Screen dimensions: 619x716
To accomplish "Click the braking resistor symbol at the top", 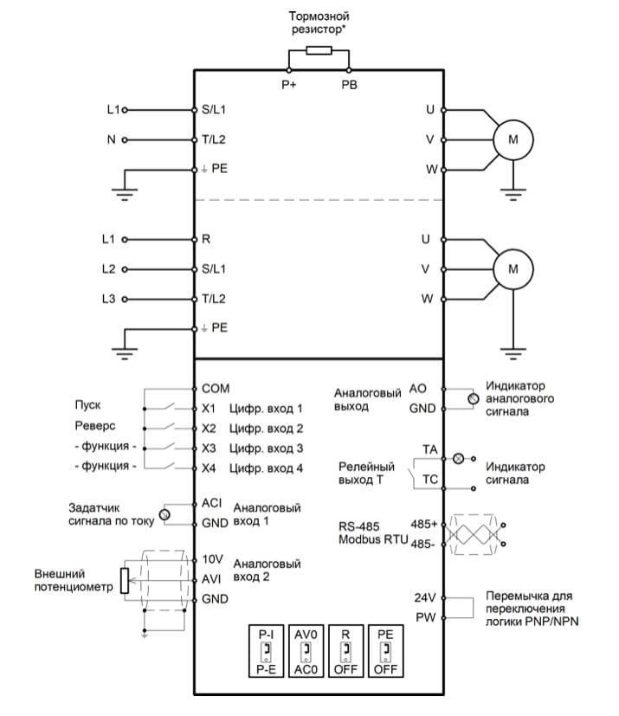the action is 319,50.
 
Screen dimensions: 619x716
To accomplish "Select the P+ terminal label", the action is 288,85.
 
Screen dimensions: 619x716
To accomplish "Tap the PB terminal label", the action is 349,85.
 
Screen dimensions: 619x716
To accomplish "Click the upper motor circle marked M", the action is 513,139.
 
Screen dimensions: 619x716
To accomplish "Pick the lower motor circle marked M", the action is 513,269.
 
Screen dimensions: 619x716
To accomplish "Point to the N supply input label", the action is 112,139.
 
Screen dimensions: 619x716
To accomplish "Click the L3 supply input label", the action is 108,299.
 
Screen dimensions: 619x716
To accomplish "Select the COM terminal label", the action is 216,389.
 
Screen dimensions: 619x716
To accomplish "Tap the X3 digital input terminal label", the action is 209,448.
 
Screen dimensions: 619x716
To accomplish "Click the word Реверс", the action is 95,426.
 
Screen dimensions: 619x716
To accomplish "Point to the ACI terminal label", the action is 212,503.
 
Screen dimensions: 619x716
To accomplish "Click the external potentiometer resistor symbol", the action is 125,581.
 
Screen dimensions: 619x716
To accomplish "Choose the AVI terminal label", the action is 211,579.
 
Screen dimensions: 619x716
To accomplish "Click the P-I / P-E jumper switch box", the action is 266,651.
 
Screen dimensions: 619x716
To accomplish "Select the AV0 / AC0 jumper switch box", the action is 306,651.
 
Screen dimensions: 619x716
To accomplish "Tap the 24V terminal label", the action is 424,597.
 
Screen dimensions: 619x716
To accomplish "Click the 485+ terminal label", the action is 423,524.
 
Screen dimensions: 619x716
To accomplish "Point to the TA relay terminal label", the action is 430,450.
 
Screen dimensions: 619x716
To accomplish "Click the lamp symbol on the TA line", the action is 458,459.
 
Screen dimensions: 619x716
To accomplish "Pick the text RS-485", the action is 358,526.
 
